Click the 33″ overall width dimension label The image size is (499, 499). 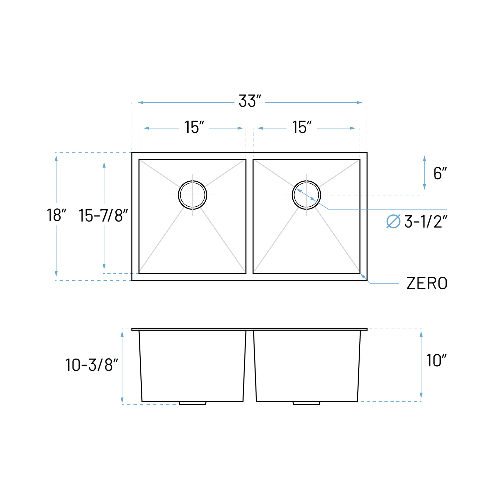pyautogui.click(x=249, y=101)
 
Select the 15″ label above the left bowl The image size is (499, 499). pyautogui.click(x=194, y=127)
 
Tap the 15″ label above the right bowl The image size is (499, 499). pyautogui.click(x=302, y=127)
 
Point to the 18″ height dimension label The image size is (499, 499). pyautogui.click(x=56, y=215)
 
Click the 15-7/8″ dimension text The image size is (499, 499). pyautogui.click(x=103, y=216)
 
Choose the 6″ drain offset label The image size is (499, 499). pyautogui.click(x=440, y=173)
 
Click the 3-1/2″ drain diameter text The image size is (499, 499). pyautogui.click(x=426, y=222)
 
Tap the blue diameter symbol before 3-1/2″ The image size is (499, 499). pyautogui.click(x=393, y=222)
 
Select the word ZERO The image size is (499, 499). pyautogui.click(x=427, y=283)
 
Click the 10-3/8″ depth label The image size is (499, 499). pyautogui.click(x=91, y=365)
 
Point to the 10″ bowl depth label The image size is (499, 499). pyautogui.click(x=436, y=361)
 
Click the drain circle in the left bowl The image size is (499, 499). pyautogui.click(x=193, y=195)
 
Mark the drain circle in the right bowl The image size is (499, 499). pyautogui.click(x=306, y=195)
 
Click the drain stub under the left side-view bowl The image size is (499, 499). pyautogui.click(x=193, y=403)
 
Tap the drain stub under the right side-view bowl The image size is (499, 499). pyautogui.click(x=306, y=403)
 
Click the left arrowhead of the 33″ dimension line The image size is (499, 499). pyautogui.click(x=140, y=102)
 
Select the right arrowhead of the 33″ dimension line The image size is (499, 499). pyautogui.click(x=360, y=102)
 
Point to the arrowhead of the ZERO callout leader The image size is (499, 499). pyautogui.click(x=363, y=276)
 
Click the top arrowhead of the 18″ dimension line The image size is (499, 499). pyautogui.click(x=56, y=158)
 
